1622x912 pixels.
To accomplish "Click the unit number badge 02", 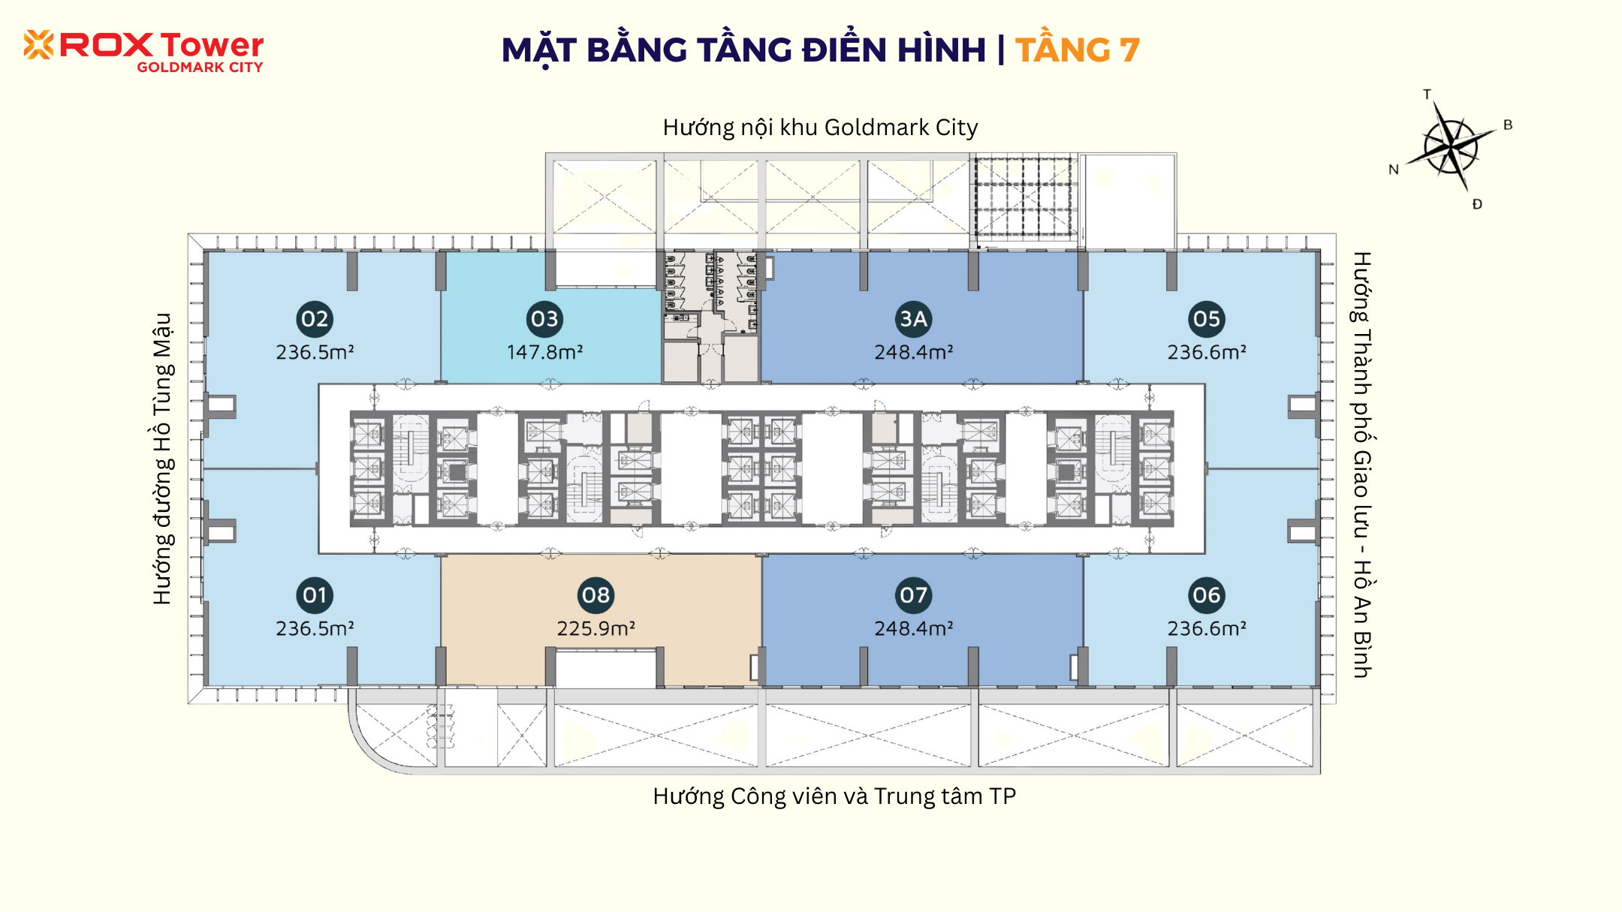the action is pyautogui.click(x=315, y=319).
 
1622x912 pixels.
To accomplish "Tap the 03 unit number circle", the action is pyautogui.click(x=544, y=319).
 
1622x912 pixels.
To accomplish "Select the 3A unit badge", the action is pyautogui.click(x=913, y=319).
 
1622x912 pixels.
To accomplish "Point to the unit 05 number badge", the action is pyautogui.click(x=1207, y=319).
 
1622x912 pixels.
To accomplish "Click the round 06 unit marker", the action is pyautogui.click(x=1207, y=595).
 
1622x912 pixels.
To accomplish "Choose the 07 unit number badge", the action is pyautogui.click(x=913, y=595).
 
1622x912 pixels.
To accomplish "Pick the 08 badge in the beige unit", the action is pyautogui.click(x=596, y=595).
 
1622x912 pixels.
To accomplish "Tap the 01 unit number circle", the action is pyautogui.click(x=315, y=595).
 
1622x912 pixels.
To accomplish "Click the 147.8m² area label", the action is pyautogui.click(x=544, y=352).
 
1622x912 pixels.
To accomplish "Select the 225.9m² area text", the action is pyautogui.click(x=596, y=628).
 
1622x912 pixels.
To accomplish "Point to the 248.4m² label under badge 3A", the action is pyautogui.click(x=913, y=352).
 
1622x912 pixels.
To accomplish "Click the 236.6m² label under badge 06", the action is pyautogui.click(x=1207, y=628).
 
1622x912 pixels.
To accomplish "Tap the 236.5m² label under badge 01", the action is pyautogui.click(x=315, y=628).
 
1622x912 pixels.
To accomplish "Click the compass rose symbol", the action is pyautogui.click(x=1451, y=146).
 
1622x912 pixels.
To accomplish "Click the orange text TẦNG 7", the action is pyautogui.click(x=1078, y=50).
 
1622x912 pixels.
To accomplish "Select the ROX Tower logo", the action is pyautogui.click(x=143, y=51).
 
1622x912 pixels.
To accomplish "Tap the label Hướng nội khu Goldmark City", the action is pyautogui.click(x=820, y=128).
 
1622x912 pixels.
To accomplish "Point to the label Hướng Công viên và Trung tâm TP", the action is pyautogui.click(x=834, y=796).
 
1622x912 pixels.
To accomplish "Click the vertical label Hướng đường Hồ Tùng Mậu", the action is pyautogui.click(x=162, y=459).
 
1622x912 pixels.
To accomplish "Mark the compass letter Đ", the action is pyautogui.click(x=1477, y=203).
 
